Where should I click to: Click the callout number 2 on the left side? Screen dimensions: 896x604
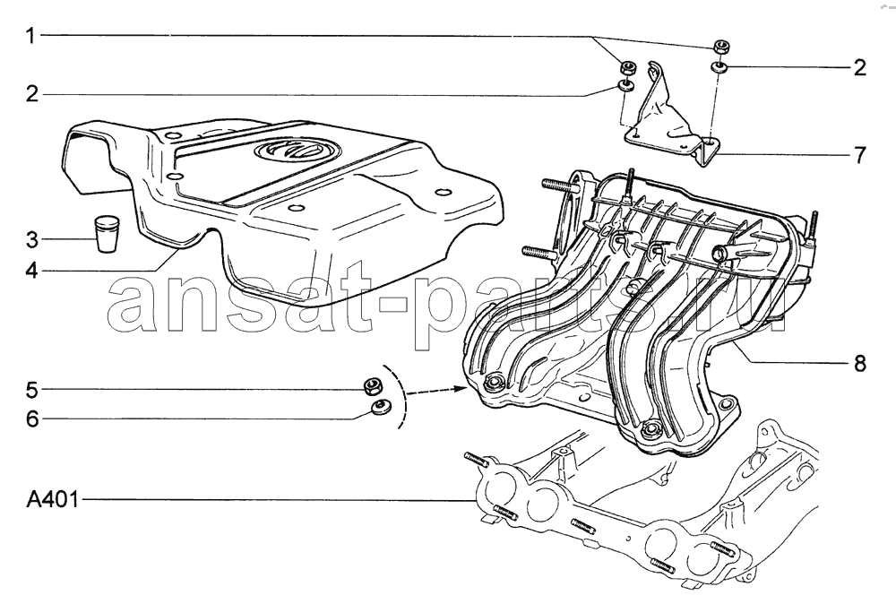(x=32, y=94)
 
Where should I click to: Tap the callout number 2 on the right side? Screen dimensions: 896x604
(x=859, y=68)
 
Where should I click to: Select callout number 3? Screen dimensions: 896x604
(x=32, y=239)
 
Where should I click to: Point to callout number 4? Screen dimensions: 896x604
(x=32, y=270)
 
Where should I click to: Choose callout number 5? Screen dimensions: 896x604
(x=32, y=390)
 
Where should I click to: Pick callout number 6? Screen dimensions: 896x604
(x=32, y=418)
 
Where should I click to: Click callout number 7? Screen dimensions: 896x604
(x=859, y=155)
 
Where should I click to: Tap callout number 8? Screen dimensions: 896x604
(x=859, y=363)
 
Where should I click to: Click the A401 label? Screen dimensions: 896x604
(x=52, y=501)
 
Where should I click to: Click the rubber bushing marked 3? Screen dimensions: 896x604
(x=107, y=233)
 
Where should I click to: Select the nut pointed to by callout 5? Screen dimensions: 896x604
(x=373, y=387)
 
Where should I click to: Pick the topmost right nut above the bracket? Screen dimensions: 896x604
(x=720, y=47)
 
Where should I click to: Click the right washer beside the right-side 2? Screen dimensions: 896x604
(x=719, y=67)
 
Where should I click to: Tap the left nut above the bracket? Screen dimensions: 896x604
(x=629, y=68)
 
